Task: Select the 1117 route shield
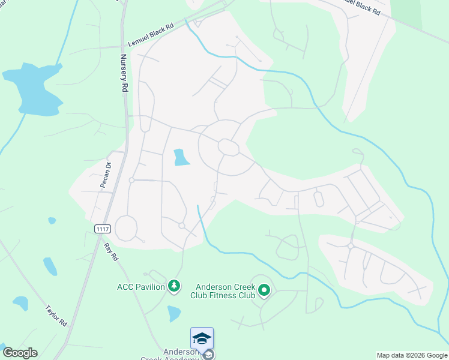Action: [103, 229]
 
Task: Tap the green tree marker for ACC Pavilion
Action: [174, 287]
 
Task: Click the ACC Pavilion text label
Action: [140, 287]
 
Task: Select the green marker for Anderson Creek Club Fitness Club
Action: [264, 292]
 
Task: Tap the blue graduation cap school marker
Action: [202, 338]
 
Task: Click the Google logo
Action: [19, 353]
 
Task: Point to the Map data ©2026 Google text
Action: [412, 355]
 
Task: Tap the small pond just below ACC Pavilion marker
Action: [173, 313]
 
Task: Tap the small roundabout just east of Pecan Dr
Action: [131, 180]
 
